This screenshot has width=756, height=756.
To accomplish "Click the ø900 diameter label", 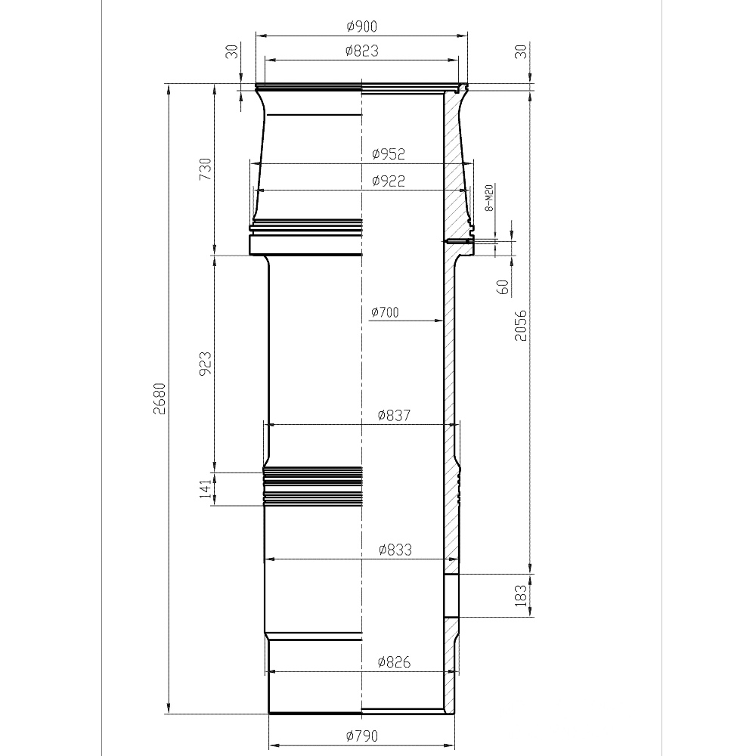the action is [x=361, y=26].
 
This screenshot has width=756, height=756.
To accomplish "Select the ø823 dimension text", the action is [x=362, y=51].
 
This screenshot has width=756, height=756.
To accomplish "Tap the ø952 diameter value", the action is [x=389, y=154].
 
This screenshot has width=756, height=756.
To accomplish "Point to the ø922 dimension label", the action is [x=389, y=181].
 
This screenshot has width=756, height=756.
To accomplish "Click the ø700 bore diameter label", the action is [x=386, y=312].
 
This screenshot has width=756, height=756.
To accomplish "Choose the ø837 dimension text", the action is [x=395, y=415].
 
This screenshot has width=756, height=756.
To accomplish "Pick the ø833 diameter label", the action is [x=395, y=550].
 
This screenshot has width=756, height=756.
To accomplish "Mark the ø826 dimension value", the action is [x=395, y=662].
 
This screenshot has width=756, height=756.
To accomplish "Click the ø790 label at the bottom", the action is [x=362, y=736].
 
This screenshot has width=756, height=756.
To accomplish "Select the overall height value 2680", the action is [x=159, y=398].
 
